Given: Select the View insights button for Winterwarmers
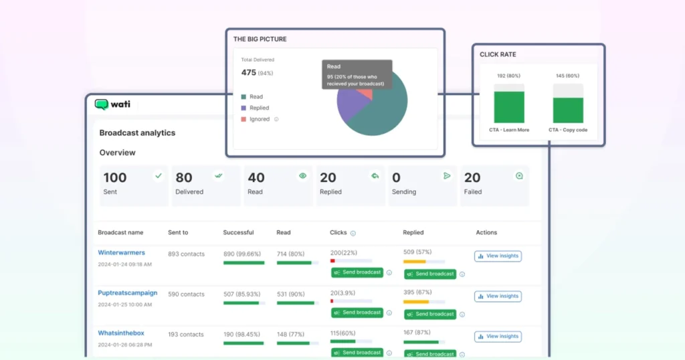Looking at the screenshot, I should pos(498,256).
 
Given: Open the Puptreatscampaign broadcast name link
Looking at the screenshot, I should pos(128,293).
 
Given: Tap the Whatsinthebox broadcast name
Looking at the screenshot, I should pos(121,333).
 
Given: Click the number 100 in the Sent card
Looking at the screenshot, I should pos(115,177).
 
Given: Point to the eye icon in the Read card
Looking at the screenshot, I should pos(303,176).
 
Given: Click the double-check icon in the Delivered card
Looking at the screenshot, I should pos(218,176).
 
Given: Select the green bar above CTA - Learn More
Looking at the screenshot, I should pos(509,107).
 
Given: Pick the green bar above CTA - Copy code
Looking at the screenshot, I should pos(568,110).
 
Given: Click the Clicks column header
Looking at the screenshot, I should pos(338,233).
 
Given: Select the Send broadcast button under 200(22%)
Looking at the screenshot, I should pos(357,272).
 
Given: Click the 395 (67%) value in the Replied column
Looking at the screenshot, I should pos(417,293).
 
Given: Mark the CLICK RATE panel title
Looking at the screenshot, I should pos(498,54).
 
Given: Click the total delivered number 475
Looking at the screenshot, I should pos(249,72).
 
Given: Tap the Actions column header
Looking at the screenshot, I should pos(486,233).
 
